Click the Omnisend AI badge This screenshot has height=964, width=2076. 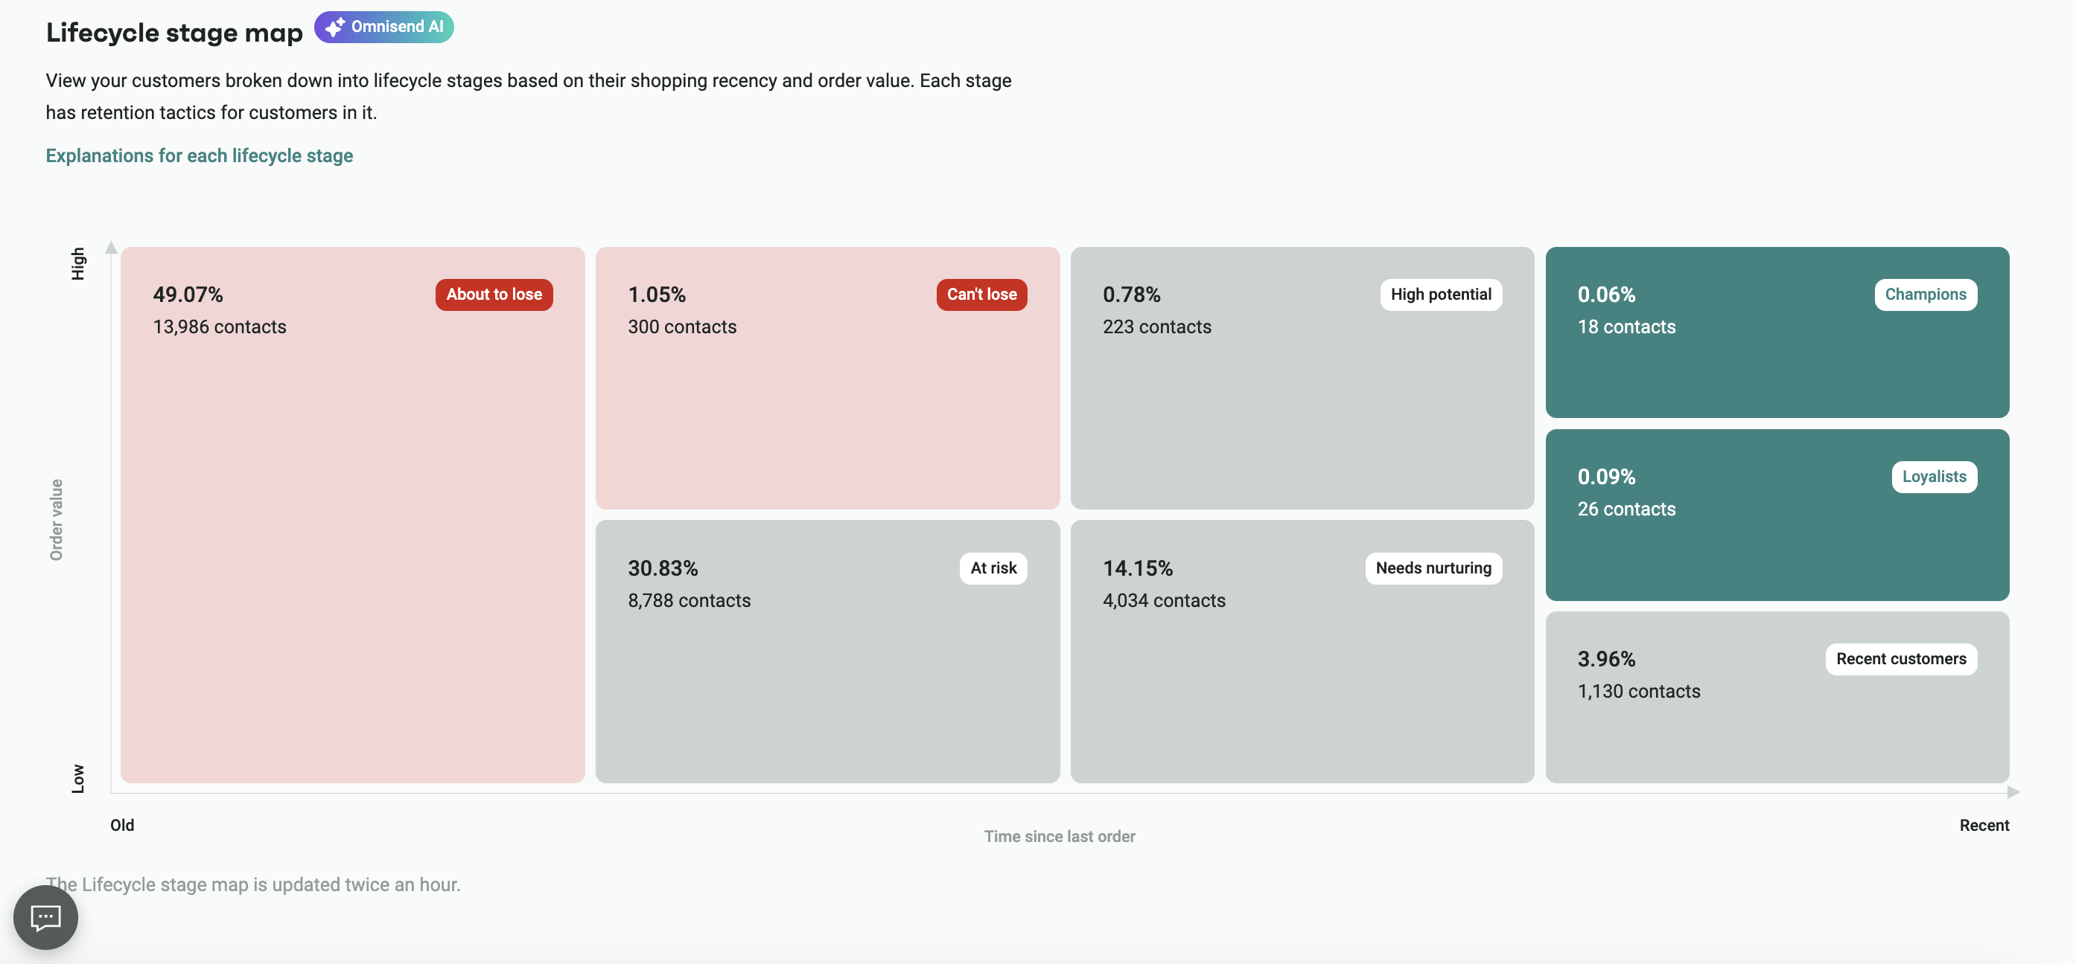[383, 27]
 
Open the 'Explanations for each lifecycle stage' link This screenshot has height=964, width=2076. [199, 155]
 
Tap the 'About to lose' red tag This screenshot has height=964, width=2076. [494, 294]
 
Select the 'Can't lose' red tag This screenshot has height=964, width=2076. [981, 294]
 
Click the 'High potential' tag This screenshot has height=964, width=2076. [1440, 294]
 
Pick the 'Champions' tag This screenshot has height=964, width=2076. [1925, 294]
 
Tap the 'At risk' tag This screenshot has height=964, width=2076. [993, 568]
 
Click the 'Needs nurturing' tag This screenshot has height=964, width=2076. [1433, 568]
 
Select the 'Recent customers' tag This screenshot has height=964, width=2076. [1900, 659]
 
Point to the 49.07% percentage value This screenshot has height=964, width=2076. [188, 294]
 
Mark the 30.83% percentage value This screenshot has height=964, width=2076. [663, 568]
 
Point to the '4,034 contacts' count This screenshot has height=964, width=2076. [1163, 601]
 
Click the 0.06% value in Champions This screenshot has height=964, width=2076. [1606, 294]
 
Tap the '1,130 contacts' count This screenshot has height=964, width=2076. [1638, 691]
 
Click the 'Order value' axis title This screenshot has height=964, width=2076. [56, 519]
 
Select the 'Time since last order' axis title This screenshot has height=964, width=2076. [1059, 836]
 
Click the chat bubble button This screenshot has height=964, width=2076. [46, 916]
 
